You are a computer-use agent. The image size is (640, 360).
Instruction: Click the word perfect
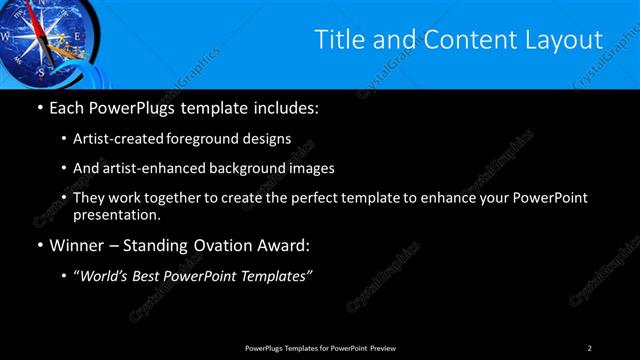(x=324, y=198)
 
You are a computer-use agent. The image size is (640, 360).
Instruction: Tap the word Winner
(x=75, y=244)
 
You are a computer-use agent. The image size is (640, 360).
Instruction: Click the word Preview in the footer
(x=384, y=347)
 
